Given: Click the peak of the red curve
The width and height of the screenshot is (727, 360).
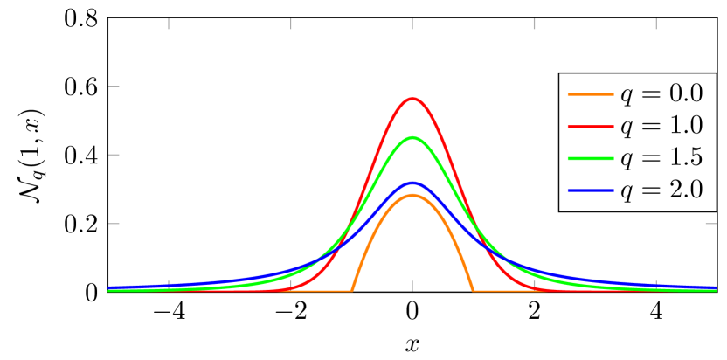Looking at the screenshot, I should coord(412,99).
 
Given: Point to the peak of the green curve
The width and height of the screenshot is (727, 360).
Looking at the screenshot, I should coord(412,138).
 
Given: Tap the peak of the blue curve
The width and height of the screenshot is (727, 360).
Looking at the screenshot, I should coord(412,183).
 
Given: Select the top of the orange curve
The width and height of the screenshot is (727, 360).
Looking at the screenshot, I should coord(412,195).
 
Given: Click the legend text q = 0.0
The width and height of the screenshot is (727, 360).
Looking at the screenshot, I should coord(661,94).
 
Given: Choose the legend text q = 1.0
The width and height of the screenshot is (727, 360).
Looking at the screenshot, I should coord(661,126).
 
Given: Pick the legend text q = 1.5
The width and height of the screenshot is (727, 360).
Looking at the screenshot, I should coord(661,157).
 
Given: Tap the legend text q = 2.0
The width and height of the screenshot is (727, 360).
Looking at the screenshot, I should coord(661,190).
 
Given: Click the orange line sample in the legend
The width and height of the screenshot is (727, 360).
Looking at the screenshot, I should coord(590,94).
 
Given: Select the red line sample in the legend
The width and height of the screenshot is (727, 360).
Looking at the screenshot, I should coord(590,126).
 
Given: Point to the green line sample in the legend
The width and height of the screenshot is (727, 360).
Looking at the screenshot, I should coord(590,157).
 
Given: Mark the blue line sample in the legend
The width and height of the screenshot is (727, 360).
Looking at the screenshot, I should coord(590,190).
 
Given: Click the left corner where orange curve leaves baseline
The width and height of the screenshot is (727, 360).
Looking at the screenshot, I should coord(352,290).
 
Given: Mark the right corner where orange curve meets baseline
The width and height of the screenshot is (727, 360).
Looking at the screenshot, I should coord(473,290).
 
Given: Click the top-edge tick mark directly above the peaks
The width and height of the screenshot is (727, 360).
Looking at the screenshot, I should coord(412,24).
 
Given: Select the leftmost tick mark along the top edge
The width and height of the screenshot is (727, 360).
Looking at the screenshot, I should coord(169,24).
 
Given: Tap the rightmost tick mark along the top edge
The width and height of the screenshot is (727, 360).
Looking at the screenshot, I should coord(656,24).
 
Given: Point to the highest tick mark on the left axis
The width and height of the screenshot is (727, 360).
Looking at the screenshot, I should coord(114,87).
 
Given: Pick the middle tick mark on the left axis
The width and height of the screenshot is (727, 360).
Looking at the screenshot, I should coord(114,155).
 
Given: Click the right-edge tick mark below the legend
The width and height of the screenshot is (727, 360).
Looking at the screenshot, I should coord(710,223).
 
